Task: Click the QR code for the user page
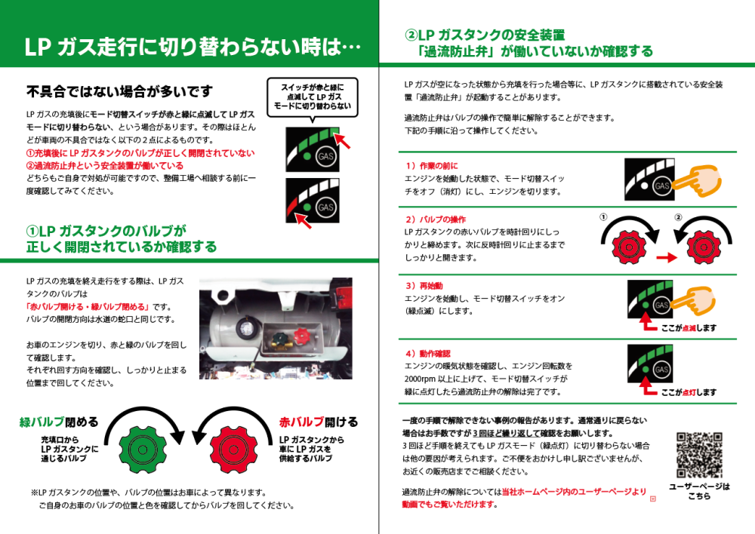[700, 453]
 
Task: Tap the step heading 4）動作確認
[428, 353]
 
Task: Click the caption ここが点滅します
[689, 328]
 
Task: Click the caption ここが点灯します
[689, 392]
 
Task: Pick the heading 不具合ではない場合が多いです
[119, 92]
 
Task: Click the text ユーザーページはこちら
[699, 491]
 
